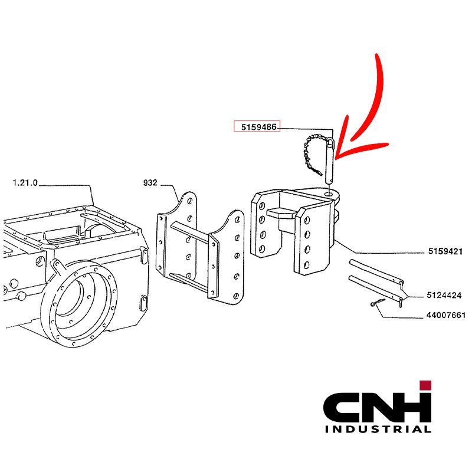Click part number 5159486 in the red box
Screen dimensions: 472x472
tap(258, 127)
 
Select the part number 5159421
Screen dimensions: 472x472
tap(445, 251)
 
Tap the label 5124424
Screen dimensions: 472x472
tap(444, 295)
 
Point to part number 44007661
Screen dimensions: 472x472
tap(446, 315)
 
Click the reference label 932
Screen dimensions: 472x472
tap(150, 183)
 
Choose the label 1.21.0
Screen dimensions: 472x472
tap(25, 183)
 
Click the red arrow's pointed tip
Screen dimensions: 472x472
tap(336, 158)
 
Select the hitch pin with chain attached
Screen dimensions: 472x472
tap(330, 160)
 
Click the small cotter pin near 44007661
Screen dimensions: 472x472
tap(377, 303)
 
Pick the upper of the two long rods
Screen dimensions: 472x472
tap(376, 272)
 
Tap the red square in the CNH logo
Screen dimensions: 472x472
tap(425, 385)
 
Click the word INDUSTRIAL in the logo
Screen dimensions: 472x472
tap(378, 429)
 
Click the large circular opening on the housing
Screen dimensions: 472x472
tap(79, 303)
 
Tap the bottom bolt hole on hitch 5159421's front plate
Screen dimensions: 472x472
tap(306, 265)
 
